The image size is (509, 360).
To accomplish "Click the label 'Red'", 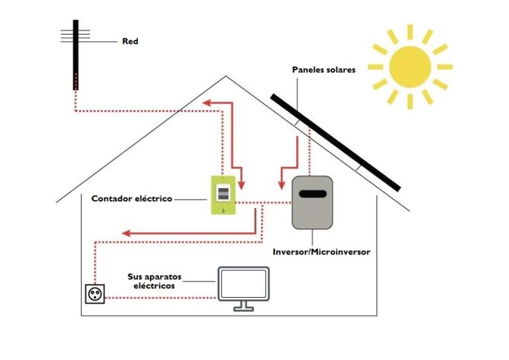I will pos(130,41).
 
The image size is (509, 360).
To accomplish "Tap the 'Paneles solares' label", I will pos(323,69).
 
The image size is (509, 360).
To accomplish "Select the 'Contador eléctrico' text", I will pos(131,198).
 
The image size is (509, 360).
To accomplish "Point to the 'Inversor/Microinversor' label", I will pos(321,252).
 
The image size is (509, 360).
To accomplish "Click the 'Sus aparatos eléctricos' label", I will pos(154,280).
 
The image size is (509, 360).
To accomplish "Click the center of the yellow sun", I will pos(410,67).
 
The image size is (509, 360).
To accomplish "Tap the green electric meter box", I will pos(224,195).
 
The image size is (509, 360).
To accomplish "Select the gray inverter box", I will pos(311,202).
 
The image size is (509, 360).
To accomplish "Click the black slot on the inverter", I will pos(311,194).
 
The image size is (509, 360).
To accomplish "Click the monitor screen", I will pos(243,283).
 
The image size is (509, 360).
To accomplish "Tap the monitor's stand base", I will pos(243,308).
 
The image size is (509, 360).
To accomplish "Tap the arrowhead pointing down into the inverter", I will pos(280,183).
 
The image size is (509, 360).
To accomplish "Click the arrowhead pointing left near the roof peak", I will pos(207,103).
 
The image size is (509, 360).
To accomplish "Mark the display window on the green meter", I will pos(224,193).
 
